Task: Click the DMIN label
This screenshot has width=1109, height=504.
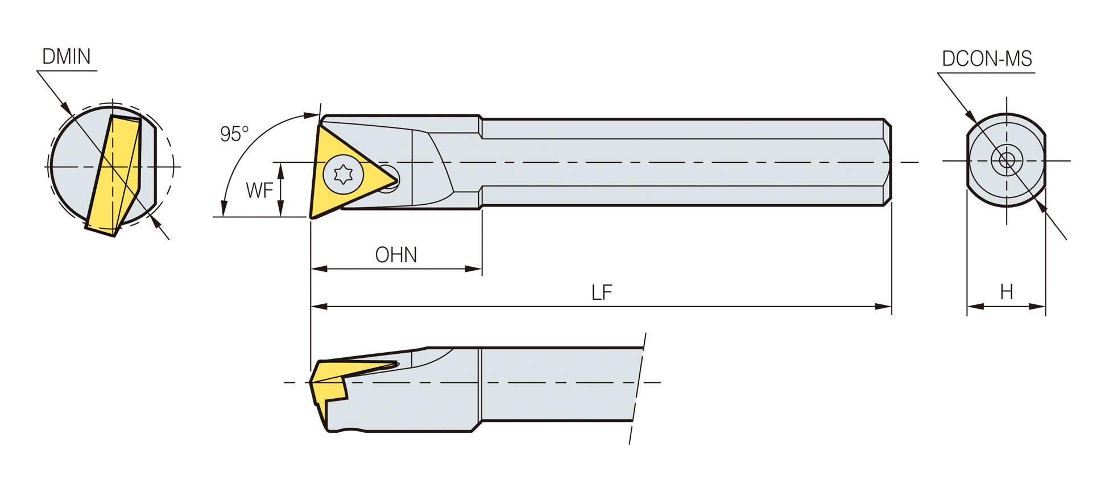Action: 67,56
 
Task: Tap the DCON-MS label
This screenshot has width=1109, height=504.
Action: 987,59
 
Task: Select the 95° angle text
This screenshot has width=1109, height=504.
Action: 234,134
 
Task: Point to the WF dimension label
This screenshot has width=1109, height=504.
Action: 259,190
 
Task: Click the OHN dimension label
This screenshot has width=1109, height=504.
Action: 396,255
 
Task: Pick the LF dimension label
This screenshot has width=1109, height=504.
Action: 602,293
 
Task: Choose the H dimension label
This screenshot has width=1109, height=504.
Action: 1007,292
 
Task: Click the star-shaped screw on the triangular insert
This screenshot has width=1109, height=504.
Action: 343,174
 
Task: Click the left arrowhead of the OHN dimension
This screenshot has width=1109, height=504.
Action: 319,269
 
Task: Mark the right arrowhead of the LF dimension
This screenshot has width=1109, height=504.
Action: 883,307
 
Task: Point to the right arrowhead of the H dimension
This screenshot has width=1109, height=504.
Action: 1037,307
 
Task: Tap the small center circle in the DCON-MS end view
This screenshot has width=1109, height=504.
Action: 1007,160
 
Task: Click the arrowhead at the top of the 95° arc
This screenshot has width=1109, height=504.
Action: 311,115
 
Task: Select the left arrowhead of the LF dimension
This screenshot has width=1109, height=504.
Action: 319,307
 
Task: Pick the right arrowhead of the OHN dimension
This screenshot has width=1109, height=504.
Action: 474,269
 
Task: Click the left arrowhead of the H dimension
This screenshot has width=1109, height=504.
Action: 976,307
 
